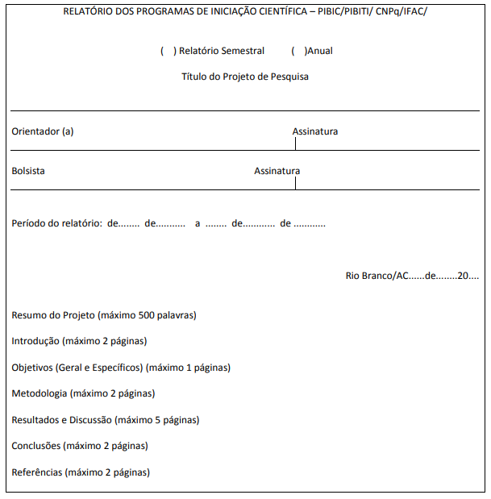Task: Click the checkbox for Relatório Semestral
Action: (x=168, y=51)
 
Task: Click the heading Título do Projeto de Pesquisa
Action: (x=245, y=77)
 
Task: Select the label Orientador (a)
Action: (x=43, y=131)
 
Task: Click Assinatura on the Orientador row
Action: (x=315, y=131)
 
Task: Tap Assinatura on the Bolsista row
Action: (x=277, y=171)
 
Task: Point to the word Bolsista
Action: (x=28, y=171)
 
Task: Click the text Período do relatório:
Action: (x=56, y=223)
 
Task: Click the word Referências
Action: (x=37, y=472)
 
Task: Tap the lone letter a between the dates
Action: (x=198, y=223)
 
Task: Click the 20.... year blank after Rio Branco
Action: (x=468, y=276)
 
